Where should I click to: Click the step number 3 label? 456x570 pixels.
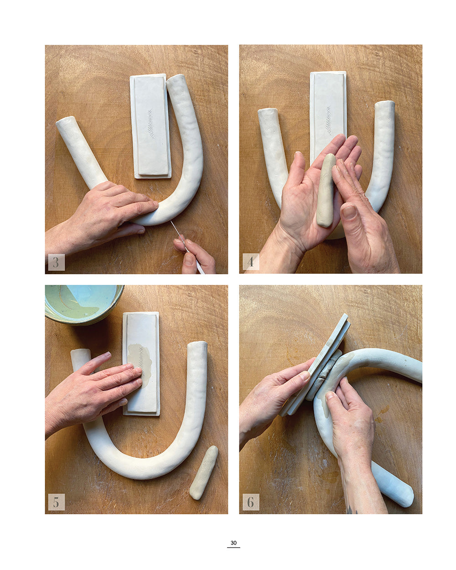pos(56,262)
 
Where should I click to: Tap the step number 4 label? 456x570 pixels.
pos(250,262)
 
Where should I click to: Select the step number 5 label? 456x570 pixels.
pos(56,502)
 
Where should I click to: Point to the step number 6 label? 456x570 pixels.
pos(250,502)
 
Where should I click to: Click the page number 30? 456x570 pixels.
pos(233,543)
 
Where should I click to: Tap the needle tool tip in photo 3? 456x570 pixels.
pos(172,222)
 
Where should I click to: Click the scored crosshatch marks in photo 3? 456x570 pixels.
pos(151,124)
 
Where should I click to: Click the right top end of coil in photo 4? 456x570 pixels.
pos(385,105)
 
